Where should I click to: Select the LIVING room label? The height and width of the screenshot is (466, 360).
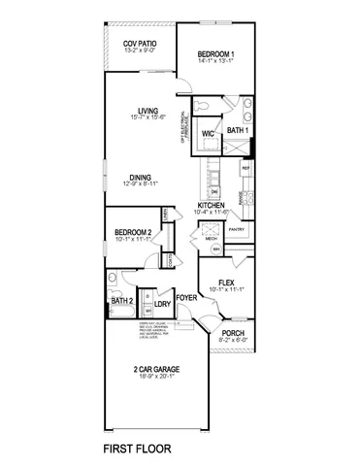click(x=147, y=110)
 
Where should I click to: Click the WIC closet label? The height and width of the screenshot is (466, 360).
click(x=208, y=133)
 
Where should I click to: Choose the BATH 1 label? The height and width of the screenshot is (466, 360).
click(x=238, y=129)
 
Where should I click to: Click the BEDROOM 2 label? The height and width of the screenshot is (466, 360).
click(x=133, y=233)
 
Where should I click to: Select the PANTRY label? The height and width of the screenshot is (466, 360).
click(x=237, y=229)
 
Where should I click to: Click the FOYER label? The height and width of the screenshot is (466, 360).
click(x=185, y=297)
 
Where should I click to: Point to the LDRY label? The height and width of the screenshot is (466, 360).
click(x=162, y=305)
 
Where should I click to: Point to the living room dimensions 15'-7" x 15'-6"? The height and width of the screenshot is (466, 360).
click(x=147, y=117)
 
